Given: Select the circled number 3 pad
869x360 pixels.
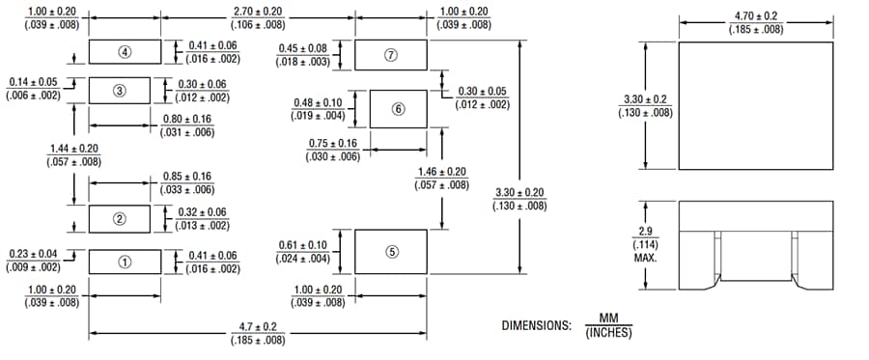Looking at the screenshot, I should (x=120, y=91).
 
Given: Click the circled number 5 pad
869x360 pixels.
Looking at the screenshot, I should (x=391, y=251).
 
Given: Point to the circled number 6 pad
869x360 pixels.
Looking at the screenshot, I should (x=398, y=109).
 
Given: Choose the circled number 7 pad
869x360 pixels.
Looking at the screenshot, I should (x=391, y=55).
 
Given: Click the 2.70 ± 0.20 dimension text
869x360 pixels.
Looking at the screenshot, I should (x=259, y=11).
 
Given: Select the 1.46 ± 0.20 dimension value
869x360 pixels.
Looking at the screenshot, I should (x=441, y=172).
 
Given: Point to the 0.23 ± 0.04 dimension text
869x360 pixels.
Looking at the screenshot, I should (x=33, y=254).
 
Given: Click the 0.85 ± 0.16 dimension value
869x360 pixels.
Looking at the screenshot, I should (x=187, y=177).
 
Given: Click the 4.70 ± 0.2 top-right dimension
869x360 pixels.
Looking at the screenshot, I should (x=756, y=16).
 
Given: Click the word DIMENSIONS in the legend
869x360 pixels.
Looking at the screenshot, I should (x=536, y=325).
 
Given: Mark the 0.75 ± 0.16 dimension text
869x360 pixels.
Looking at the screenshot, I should (x=332, y=144).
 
